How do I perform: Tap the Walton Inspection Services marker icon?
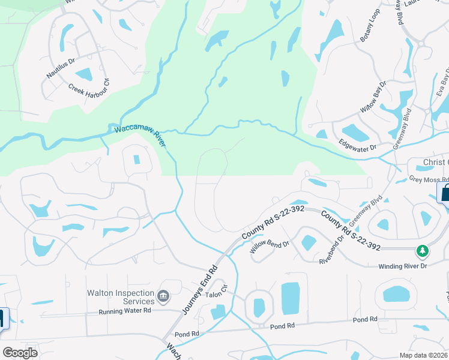coord(163,296)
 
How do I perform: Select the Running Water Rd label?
coord(126,311)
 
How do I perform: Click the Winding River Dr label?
coord(402,266)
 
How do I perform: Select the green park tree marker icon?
coord(423,250)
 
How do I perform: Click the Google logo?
coord(20,353)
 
